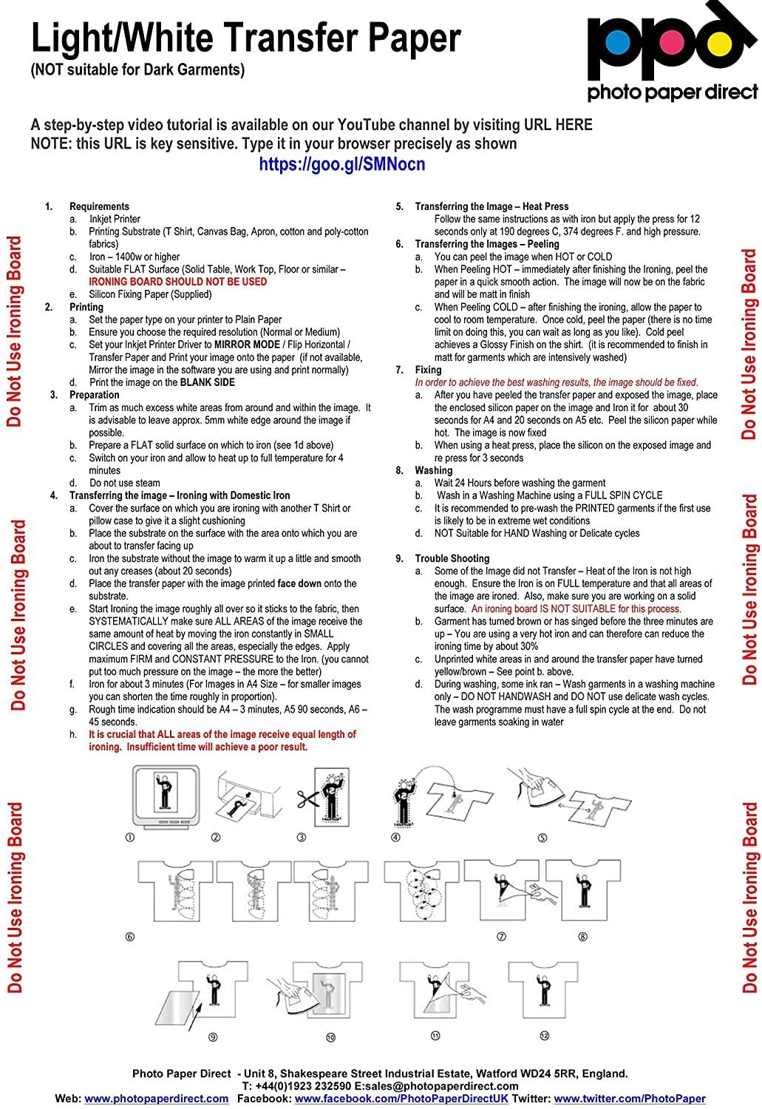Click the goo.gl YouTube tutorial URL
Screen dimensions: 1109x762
tap(341, 164)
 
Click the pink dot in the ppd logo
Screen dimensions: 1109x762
tap(668, 44)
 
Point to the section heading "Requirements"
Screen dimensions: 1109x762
tap(99, 206)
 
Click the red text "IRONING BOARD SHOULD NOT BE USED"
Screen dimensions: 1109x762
tap(177, 282)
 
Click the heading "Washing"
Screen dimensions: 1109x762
tap(434, 470)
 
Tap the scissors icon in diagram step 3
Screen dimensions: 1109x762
tap(305, 798)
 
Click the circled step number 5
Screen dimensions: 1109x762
tap(542, 838)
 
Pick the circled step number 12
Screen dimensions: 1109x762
tap(544, 1036)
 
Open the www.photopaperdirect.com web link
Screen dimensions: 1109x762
tap(157, 1099)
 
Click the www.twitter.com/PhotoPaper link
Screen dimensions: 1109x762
tap(630, 1099)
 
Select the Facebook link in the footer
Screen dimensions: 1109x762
tap(401, 1099)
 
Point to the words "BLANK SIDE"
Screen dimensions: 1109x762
tap(208, 382)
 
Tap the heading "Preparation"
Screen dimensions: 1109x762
tap(95, 395)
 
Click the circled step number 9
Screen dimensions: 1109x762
tap(213, 1037)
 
